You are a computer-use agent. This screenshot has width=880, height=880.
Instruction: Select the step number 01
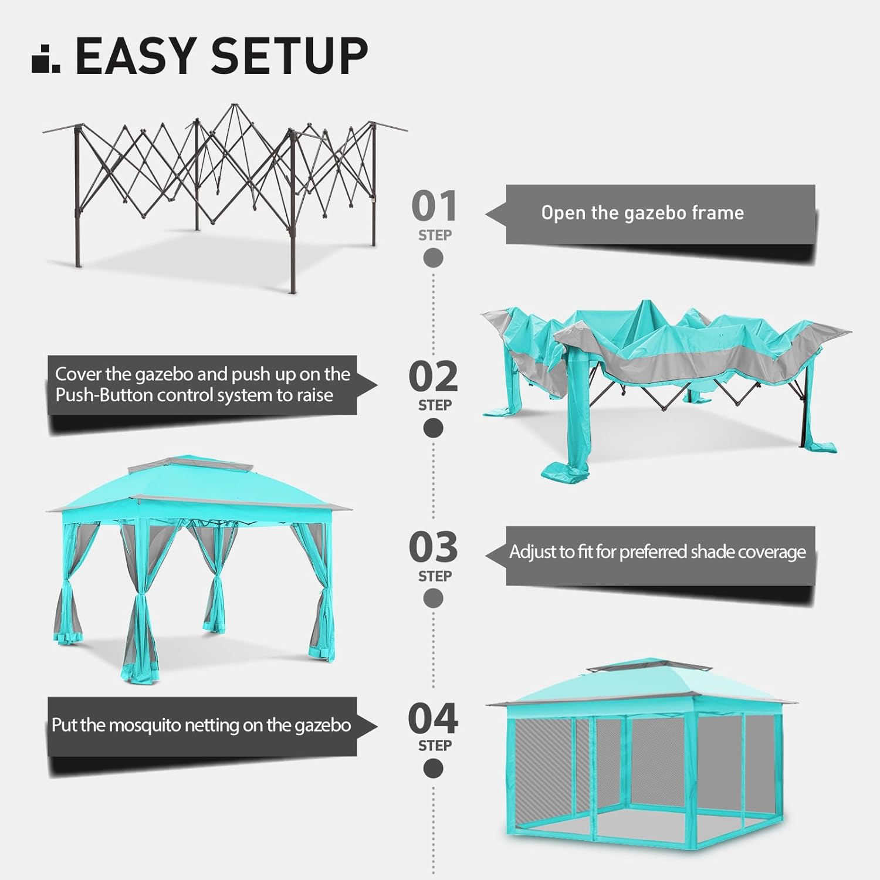[434, 206]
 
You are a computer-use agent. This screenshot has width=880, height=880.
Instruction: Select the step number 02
[434, 377]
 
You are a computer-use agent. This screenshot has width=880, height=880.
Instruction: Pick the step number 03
[434, 547]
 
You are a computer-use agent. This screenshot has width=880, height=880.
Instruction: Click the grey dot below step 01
[434, 258]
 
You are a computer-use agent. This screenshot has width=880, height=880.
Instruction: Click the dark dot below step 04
[434, 768]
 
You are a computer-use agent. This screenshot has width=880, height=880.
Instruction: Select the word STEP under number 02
[435, 405]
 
